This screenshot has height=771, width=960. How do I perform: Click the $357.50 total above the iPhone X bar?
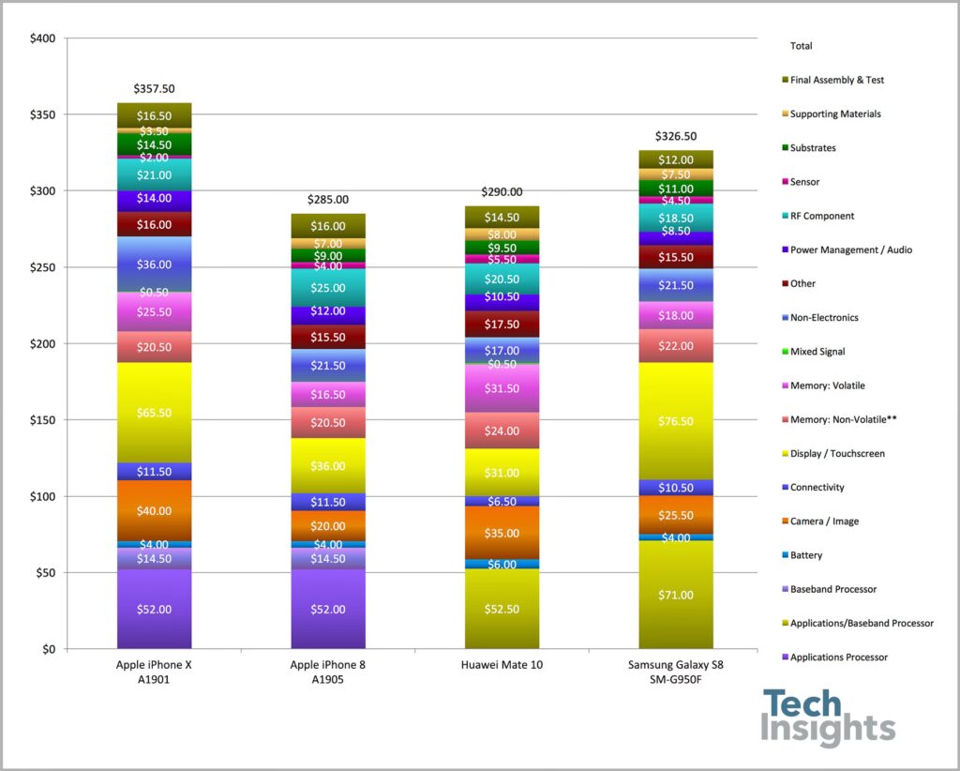tap(155, 89)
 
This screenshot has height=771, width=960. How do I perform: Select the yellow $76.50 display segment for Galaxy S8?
tap(676, 421)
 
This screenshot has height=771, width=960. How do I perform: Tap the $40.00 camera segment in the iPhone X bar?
tap(155, 511)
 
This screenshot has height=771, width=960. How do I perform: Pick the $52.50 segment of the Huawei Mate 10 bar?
tap(502, 609)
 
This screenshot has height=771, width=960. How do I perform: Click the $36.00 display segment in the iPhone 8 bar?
tap(328, 466)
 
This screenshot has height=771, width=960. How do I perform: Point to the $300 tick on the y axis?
tap(43, 191)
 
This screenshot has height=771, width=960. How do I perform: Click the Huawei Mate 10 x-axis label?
tap(502, 665)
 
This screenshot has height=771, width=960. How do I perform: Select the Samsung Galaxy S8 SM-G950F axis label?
tap(676, 672)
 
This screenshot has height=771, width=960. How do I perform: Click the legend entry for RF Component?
tap(821, 216)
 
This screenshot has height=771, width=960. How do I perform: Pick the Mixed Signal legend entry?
tap(817, 352)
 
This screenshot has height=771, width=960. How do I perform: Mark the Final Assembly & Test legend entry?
tap(836, 80)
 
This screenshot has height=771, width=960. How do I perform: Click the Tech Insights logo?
tap(828, 718)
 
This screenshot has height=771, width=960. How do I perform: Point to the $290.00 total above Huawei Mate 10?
tap(502, 191)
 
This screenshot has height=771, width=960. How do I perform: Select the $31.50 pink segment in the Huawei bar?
tap(502, 388)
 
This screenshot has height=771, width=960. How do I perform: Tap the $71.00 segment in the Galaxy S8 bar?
tap(676, 595)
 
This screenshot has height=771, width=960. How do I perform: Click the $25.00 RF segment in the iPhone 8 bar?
tap(328, 288)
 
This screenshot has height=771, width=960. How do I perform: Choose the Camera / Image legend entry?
tap(823, 522)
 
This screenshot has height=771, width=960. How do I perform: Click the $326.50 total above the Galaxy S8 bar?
tap(676, 136)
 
